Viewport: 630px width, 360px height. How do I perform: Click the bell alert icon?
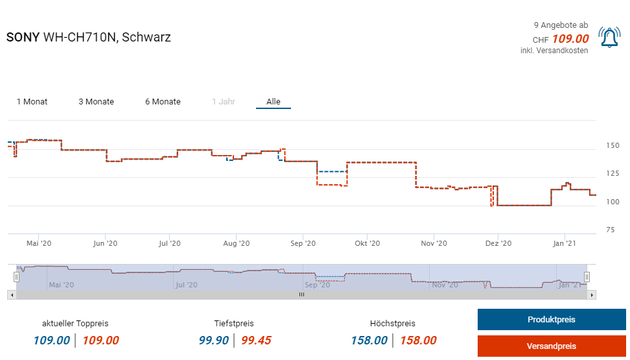click(609, 38)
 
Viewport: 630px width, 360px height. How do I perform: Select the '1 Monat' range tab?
click(32, 102)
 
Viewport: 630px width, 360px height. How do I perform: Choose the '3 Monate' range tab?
click(96, 102)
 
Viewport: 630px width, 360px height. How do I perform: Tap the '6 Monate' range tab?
click(163, 102)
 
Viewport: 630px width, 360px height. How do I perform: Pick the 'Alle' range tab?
click(274, 102)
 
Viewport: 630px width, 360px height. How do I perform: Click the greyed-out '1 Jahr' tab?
click(224, 102)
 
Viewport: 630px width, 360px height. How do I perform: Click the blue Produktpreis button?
click(551, 319)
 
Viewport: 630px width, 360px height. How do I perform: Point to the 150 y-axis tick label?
click(612, 145)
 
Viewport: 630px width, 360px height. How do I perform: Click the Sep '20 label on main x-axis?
click(303, 244)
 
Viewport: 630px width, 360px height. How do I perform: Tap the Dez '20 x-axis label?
click(498, 244)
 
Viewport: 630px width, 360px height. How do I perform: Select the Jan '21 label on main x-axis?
click(565, 244)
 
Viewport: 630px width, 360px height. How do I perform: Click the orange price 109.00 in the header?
click(570, 39)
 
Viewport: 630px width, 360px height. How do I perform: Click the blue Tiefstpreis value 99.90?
click(214, 341)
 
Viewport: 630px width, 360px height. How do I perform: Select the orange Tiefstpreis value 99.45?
click(256, 341)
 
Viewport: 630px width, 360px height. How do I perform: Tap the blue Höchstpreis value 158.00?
click(369, 341)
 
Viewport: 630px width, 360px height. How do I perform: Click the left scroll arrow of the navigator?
click(10, 294)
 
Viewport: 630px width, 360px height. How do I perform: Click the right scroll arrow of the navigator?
click(592, 294)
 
